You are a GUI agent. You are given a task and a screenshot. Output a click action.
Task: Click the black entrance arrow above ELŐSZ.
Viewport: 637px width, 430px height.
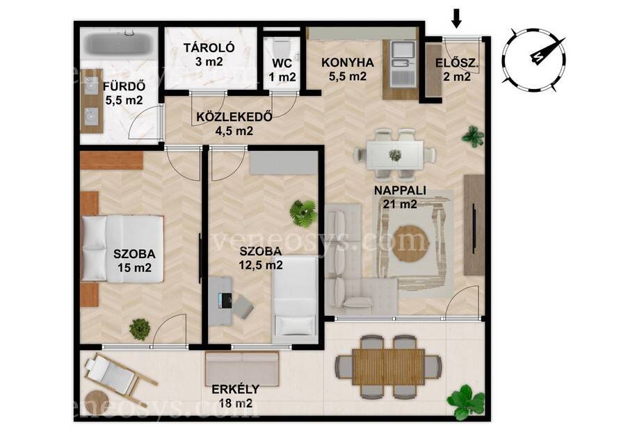click(457, 19)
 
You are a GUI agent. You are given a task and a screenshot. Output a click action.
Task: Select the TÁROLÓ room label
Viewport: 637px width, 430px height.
click(209, 47)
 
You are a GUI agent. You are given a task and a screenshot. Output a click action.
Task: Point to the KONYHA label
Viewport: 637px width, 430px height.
click(347, 63)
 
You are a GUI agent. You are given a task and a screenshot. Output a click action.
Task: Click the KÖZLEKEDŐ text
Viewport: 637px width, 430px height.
click(234, 117)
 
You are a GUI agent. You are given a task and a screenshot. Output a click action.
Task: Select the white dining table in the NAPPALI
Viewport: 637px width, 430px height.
click(394, 154)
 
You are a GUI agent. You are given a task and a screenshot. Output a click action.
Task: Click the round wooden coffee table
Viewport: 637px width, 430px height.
click(410, 244)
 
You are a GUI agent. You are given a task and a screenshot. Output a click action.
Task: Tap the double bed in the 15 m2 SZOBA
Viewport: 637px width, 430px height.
click(122, 248)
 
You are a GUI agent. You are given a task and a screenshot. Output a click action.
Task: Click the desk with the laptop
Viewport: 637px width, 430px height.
click(220, 300)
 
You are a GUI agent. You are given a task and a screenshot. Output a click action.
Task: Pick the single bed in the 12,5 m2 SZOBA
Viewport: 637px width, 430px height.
click(295, 296)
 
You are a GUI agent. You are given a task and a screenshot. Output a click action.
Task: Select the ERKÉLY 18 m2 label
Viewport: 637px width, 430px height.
click(235, 396)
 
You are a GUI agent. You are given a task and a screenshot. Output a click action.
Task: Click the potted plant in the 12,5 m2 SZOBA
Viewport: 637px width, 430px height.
click(303, 213)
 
